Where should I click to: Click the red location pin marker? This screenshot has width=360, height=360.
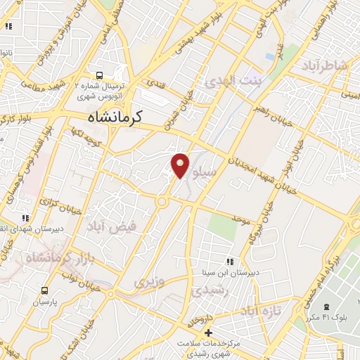click(181, 165)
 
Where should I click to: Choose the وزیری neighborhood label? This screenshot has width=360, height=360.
click(149, 282)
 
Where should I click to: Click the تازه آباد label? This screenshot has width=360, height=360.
click(261, 310)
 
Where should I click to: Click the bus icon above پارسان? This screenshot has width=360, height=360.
click(46, 290)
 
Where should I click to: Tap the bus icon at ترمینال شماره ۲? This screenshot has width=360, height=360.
click(99, 74)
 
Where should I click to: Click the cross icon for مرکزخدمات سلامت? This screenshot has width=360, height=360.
click(208, 332)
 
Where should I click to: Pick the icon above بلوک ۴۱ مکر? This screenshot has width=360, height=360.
click(326, 307)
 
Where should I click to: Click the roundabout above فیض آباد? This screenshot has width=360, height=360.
click(163, 203)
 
